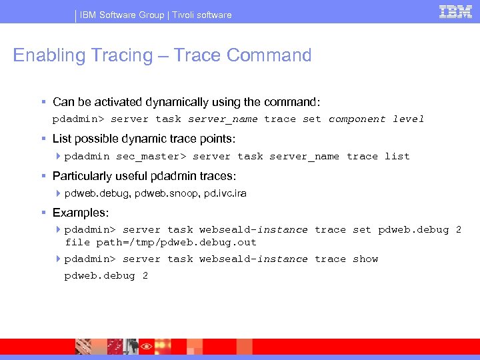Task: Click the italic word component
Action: [x=357, y=119]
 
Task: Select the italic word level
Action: [x=409, y=119]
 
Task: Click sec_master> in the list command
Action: [x=151, y=156]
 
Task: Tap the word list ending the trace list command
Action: [x=397, y=156]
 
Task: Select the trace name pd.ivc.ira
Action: [x=225, y=193]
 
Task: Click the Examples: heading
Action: [x=80, y=213]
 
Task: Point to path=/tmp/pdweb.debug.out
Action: [x=176, y=242]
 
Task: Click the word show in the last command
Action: [x=365, y=259]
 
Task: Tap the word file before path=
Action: [x=77, y=242]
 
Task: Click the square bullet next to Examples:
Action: [x=43, y=213]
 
